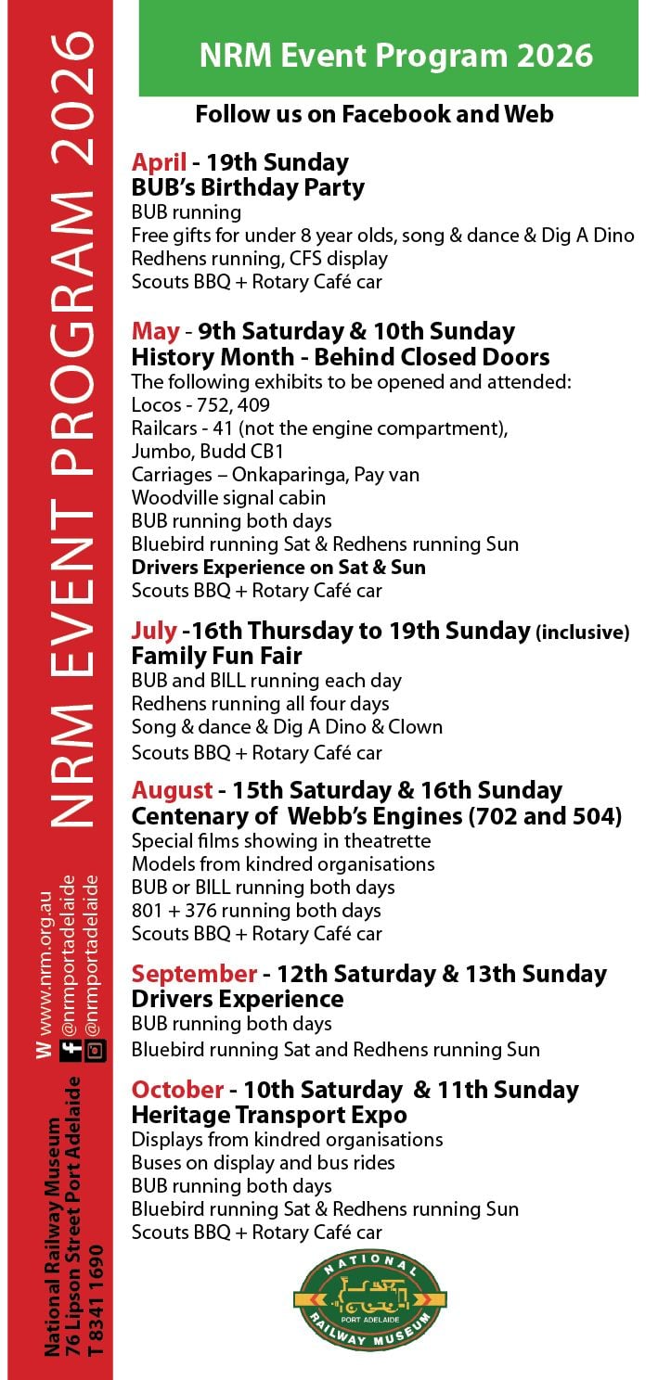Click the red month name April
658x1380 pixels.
159,162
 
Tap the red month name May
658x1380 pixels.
155,332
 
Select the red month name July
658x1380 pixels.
154,632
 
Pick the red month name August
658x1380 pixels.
172,791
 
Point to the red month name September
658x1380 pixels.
194,975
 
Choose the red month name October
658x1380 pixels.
177,1090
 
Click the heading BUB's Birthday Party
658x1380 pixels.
248,188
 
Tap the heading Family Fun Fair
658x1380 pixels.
216,657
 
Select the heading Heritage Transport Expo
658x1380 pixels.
269,1115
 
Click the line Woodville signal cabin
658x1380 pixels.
228,498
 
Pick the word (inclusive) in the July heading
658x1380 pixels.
582,633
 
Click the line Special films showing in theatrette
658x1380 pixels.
281,841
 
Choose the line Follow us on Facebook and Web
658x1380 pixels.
374,114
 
